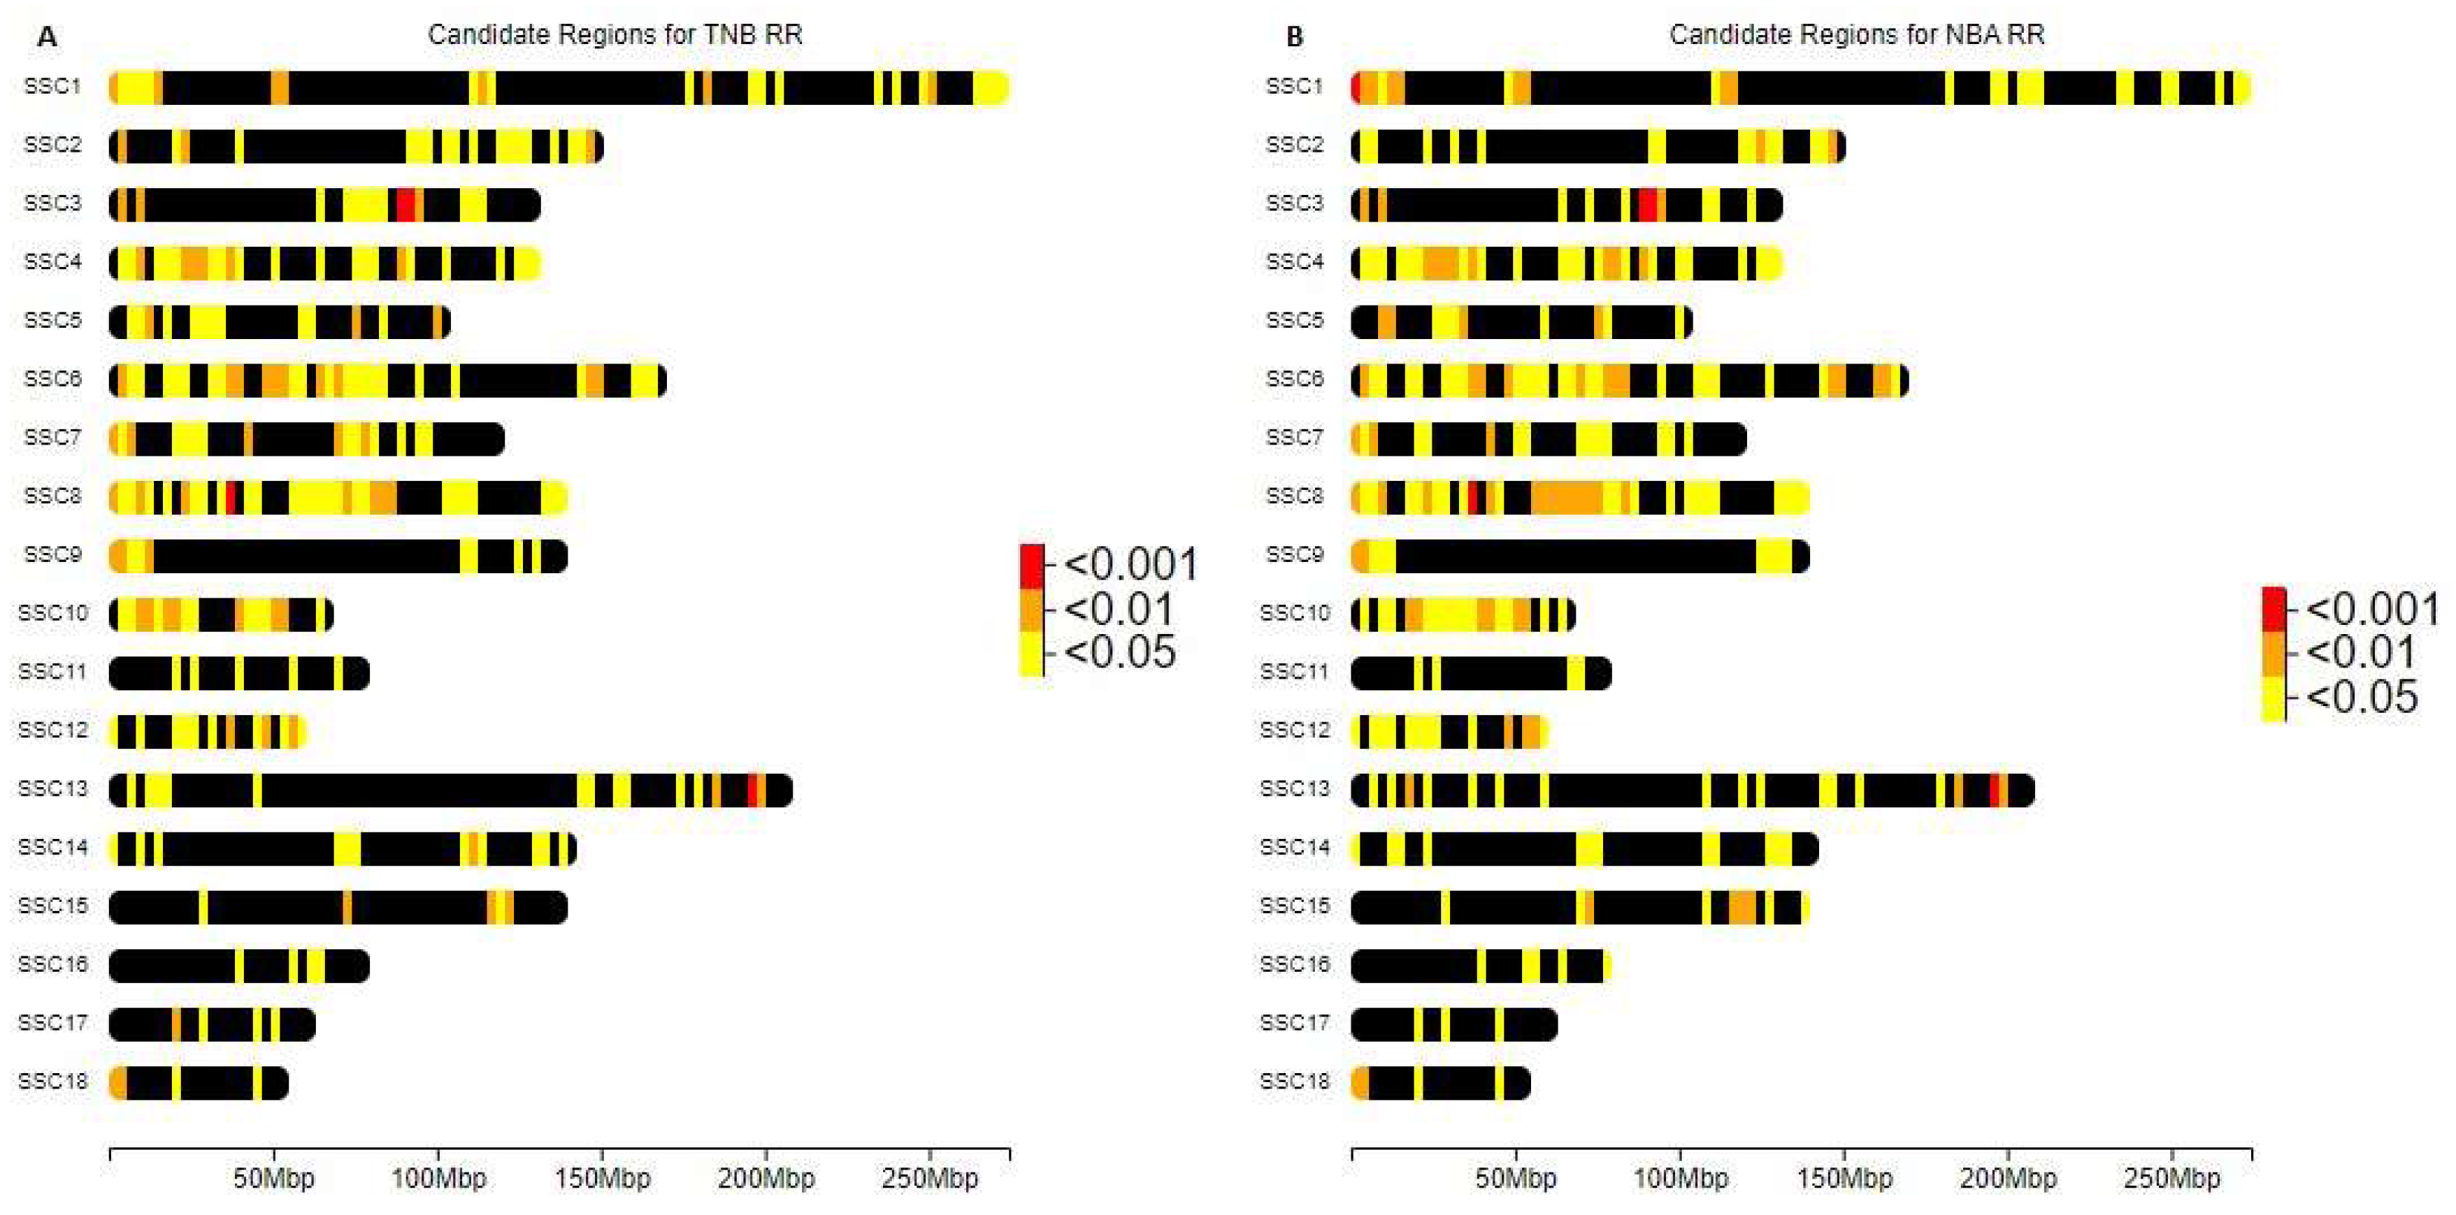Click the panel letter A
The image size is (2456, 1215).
point(45,37)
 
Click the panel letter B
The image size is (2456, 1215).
point(1294,37)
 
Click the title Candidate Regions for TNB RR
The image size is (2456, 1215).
point(615,34)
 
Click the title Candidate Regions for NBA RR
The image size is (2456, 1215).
point(1856,34)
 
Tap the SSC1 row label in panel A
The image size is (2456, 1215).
point(52,87)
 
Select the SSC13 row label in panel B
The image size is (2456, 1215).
point(1294,789)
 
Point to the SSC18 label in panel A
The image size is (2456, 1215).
point(52,1081)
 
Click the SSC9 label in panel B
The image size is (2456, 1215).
point(1294,554)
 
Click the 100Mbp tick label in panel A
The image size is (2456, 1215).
point(438,1179)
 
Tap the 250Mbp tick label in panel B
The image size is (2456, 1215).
point(2172,1179)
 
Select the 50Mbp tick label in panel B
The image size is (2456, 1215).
point(1516,1179)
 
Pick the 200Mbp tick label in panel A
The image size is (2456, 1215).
point(766,1179)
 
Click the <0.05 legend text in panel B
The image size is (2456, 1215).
point(2362,697)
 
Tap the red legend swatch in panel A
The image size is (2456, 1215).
point(1032,566)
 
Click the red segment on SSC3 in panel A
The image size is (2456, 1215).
point(405,205)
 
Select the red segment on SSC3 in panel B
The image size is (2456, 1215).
point(1648,205)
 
